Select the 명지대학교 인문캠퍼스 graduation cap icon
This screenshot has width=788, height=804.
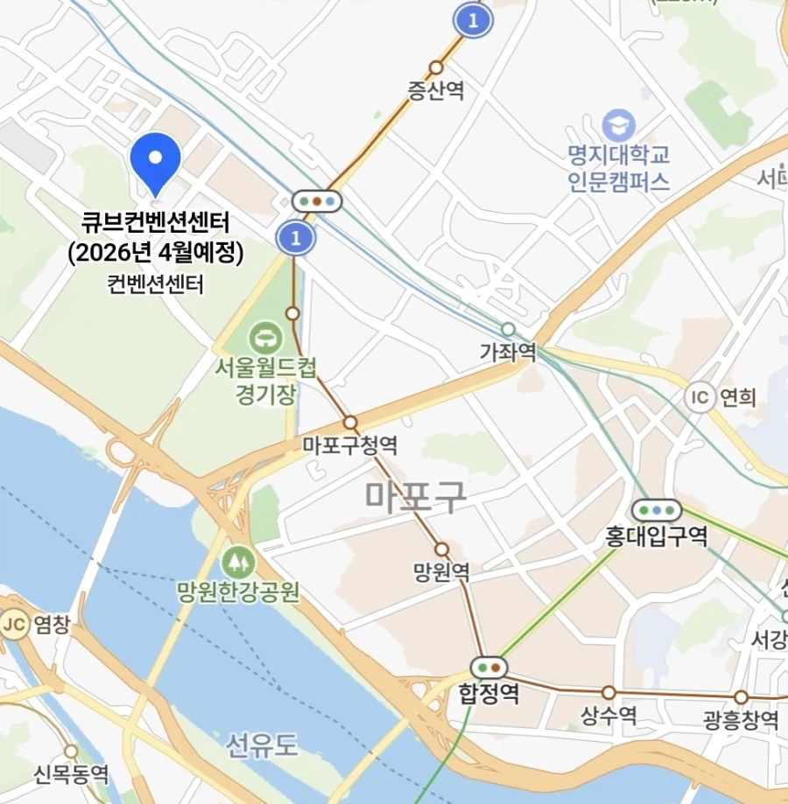[x=619, y=123]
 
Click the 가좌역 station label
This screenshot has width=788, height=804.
[x=508, y=352]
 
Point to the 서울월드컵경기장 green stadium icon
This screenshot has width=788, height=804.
[x=263, y=336]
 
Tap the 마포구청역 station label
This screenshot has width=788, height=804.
[x=350, y=445]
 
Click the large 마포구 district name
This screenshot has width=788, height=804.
[x=416, y=496]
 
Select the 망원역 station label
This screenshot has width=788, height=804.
[x=441, y=573]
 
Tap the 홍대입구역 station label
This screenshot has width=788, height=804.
[x=657, y=535]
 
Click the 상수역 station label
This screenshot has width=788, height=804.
[x=609, y=717]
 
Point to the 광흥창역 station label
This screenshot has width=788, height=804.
[x=741, y=720]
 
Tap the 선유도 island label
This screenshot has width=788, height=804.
[x=263, y=746]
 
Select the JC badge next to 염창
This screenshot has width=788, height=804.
[x=12, y=624]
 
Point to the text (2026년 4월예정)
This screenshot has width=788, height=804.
[x=155, y=252]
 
